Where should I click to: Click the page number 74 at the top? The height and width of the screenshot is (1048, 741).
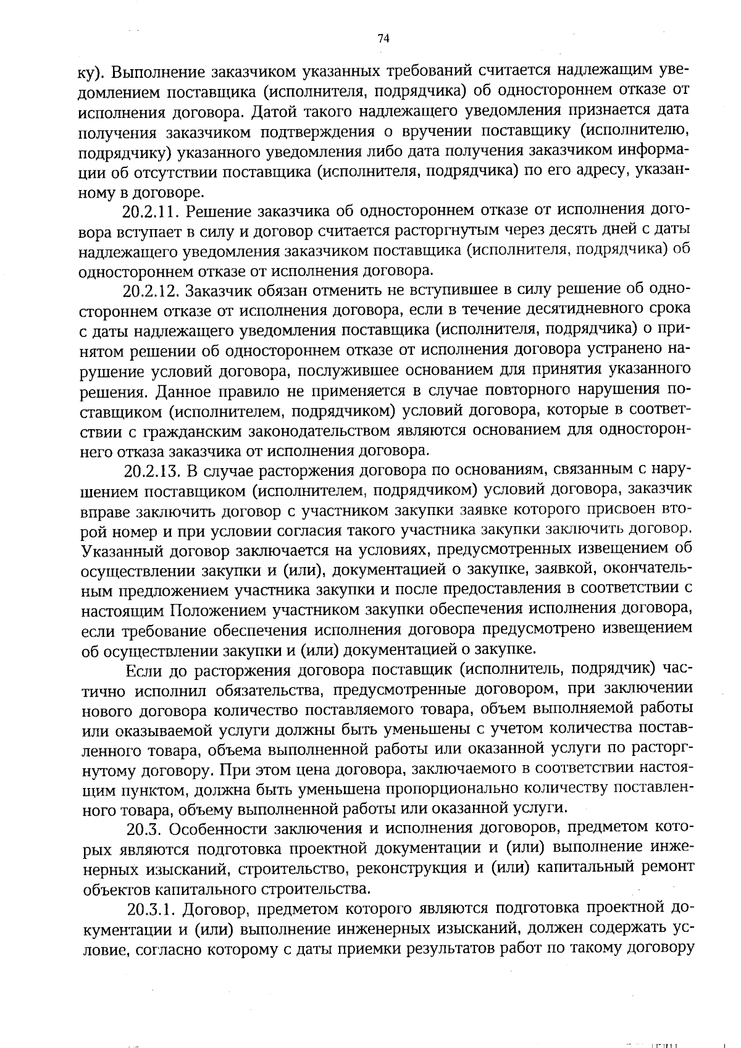click(383, 39)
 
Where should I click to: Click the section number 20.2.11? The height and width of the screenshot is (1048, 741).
click(151, 212)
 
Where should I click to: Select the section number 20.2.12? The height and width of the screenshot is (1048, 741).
click(151, 290)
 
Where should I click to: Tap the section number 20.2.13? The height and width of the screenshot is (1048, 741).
click(152, 471)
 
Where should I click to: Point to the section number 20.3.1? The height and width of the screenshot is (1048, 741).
click(152, 908)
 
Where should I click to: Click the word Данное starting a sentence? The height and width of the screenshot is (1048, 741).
click(183, 392)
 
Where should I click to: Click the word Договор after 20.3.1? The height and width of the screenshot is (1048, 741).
click(217, 908)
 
